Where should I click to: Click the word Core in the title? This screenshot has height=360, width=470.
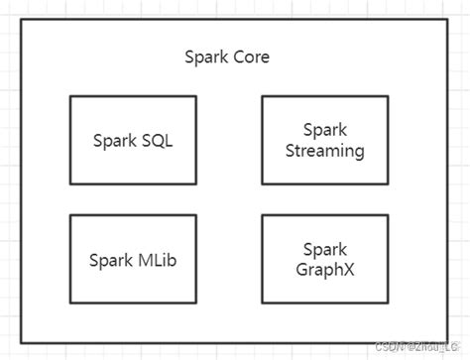(250, 57)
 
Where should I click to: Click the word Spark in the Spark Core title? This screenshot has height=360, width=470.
(206, 57)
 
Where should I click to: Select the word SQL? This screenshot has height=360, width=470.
(157, 141)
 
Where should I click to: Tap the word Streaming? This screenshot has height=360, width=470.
(324, 152)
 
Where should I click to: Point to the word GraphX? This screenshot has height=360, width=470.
(324, 270)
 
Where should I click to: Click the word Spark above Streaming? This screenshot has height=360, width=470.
(324, 131)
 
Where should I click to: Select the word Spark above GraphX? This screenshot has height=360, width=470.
(324, 250)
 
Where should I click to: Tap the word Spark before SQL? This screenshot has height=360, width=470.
(114, 141)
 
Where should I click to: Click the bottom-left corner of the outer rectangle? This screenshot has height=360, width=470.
(24, 343)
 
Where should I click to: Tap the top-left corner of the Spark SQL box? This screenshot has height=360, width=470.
(70, 96)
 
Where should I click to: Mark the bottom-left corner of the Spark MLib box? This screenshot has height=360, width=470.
(70, 303)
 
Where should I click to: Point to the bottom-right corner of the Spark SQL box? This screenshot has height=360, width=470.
(196, 184)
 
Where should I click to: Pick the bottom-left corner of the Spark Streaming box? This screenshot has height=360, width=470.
(262, 184)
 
